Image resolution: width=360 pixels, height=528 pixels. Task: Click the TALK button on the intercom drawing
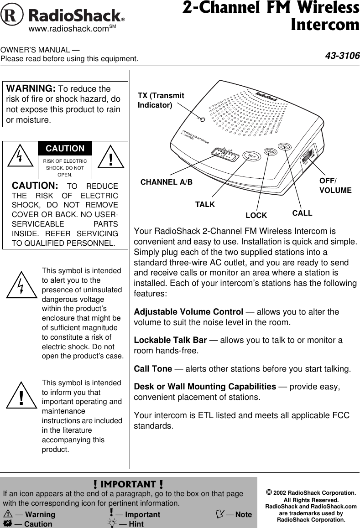251,155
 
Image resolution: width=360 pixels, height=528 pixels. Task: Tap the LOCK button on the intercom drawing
271,151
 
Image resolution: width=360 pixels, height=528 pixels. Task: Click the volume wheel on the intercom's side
308,155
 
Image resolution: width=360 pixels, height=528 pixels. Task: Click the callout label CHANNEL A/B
167,182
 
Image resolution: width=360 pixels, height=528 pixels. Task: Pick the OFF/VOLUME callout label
335,186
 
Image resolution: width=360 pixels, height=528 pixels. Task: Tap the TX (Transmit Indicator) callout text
161,100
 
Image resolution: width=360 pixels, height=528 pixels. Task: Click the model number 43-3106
342,56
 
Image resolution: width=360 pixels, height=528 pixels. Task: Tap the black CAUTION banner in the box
65,149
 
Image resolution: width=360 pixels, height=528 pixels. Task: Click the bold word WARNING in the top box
30,88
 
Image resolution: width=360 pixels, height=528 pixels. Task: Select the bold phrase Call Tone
153,368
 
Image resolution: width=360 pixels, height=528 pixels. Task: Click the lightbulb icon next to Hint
111,524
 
